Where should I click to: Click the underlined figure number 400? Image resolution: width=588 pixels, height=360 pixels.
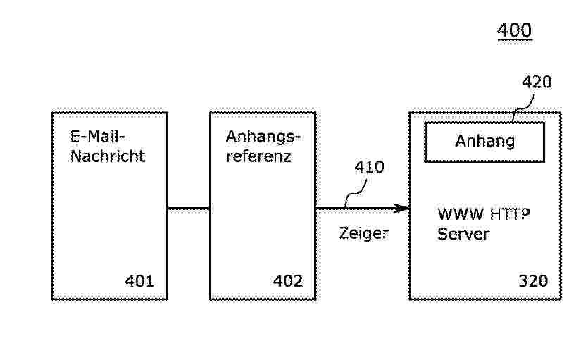(x=514, y=30)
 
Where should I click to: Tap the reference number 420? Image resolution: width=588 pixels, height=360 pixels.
(x=537, y=82)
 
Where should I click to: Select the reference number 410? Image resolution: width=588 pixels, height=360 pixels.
(x=370, y=167)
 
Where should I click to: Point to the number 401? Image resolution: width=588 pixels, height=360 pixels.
(x=139, y=281)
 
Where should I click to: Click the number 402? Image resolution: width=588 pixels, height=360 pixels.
(x=287, y=281)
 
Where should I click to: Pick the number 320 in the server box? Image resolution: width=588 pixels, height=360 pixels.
(x=533, y=280)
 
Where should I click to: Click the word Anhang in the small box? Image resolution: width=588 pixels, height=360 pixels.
(x=485, y=142)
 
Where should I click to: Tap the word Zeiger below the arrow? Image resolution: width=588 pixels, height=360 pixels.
(x=363, y=233)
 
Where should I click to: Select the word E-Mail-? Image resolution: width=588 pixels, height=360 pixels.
(x=97, y=136)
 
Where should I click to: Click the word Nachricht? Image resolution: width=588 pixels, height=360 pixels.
(x=108, y=156)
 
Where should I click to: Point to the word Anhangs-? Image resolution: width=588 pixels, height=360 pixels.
(x=263, y=137)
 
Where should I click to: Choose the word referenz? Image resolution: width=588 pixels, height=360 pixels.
(x=258, y=156)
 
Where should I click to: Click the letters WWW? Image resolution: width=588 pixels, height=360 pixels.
(x=461, y=214)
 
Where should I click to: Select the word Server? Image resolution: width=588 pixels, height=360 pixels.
(x=463, y=234)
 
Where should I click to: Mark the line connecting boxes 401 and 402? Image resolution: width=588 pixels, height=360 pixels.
(x=189, y=209)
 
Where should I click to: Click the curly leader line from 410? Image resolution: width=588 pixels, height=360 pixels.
(x=356, y=193)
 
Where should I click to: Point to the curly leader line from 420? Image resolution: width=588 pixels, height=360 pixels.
(x=524, y=108)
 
